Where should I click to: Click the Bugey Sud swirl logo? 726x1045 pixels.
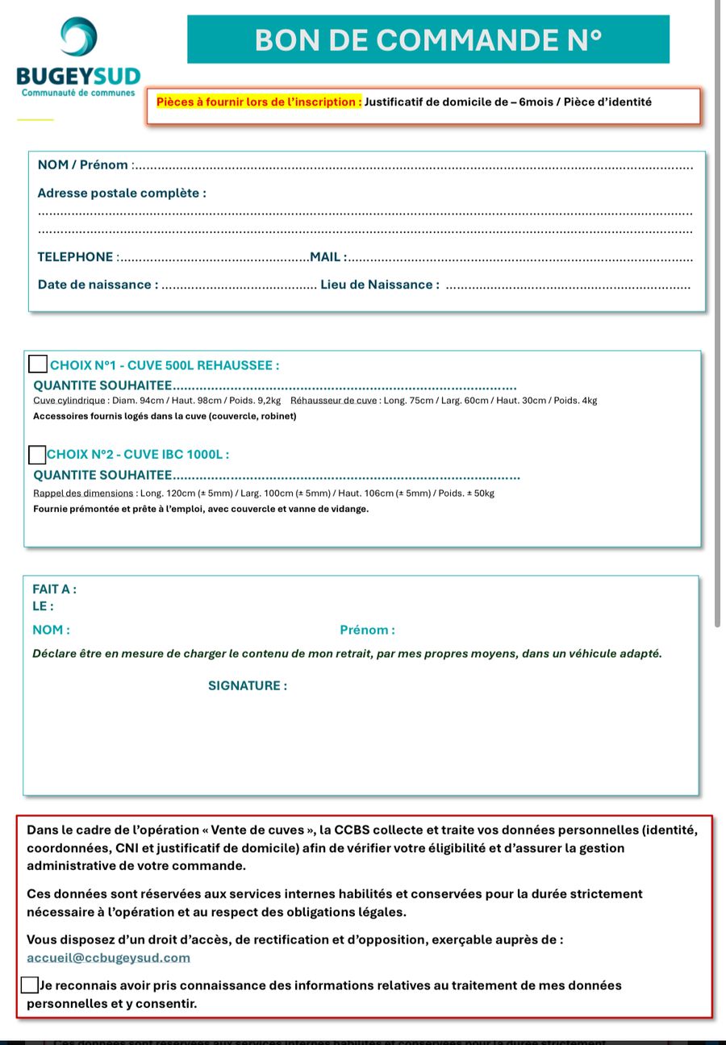(x=78, y=37)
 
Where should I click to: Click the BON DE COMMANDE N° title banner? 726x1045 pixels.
(x=428, y=40)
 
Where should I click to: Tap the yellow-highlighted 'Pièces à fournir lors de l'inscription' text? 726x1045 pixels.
(x=258, y=102)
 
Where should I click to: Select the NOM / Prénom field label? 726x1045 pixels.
(x=83, y=165)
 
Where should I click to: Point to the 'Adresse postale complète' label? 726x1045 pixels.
(x=121, y=194)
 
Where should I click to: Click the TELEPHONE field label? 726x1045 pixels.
(x=75, y=257)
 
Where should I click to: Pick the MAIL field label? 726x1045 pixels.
(x=327, y=257)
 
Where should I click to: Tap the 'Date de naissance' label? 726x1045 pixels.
(x=97, y=285)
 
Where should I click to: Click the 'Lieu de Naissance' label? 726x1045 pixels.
(x=379, y=285)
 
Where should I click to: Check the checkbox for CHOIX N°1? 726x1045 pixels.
(x=38, y=364)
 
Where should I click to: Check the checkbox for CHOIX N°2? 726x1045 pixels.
(x=37, y=455)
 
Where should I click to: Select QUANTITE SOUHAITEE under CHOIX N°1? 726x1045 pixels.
(x=102, y=386)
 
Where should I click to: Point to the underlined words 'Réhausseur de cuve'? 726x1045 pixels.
(x=333, y=401)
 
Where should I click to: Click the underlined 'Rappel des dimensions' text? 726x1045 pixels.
(x=83, y=493)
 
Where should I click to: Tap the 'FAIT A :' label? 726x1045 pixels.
(x=54, y=589)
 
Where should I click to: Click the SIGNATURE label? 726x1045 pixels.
(x=247, y=686)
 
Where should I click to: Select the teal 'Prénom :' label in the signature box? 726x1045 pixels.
(x=367, y=631)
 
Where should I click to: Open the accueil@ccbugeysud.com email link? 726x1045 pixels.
(x=108, y=958)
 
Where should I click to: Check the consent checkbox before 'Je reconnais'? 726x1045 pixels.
(x=29, y=985)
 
